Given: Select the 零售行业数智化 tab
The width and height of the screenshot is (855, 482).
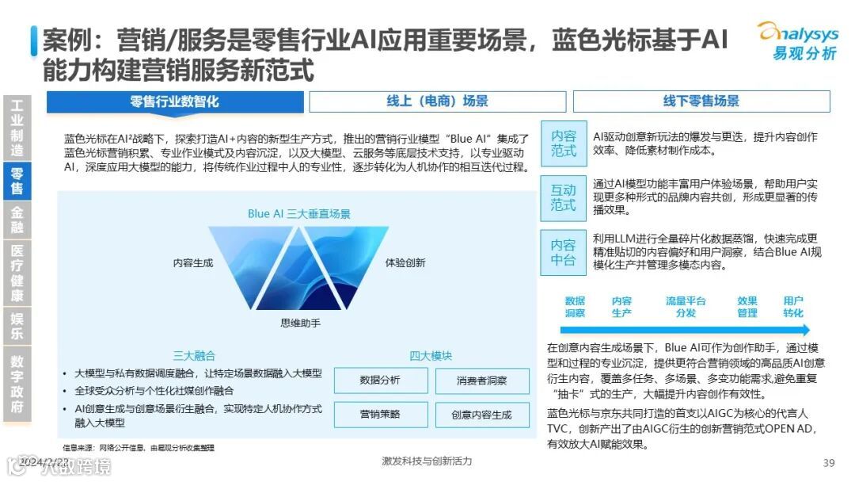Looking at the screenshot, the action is pos(175,101).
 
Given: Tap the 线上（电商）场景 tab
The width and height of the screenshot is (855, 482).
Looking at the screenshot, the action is pos(437,101).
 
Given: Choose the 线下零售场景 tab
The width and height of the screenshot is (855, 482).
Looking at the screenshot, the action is pos(701,101).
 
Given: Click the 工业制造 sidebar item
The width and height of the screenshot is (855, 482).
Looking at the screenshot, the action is pos(17,128).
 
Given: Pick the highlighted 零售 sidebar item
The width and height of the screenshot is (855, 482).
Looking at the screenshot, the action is pos(17,181).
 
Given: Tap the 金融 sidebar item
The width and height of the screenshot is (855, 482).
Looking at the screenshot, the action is pos(17,220).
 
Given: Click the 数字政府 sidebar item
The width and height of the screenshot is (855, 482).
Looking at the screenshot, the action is pos(17,384).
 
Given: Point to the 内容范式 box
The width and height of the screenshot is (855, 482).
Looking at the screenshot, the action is pos(564,143).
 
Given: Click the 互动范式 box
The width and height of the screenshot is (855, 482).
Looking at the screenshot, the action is pos(564,197).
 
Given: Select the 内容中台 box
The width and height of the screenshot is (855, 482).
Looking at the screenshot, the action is pos(564,252).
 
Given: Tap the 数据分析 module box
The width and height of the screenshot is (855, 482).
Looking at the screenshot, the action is pos(380,381).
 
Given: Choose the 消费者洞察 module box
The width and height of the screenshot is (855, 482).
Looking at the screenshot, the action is pos(481,381).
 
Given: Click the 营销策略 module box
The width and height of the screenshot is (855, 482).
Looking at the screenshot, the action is pos(380,414).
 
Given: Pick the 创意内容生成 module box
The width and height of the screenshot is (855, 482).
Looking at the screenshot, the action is pos(481,414).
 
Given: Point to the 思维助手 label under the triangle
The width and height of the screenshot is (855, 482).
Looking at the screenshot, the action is pos(300,323).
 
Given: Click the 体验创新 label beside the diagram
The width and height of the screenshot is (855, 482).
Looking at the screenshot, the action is pos(405,262).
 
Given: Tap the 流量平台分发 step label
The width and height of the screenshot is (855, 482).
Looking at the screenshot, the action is pos(686,307).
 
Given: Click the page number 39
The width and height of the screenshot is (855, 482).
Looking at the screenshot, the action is pos(829,463).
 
